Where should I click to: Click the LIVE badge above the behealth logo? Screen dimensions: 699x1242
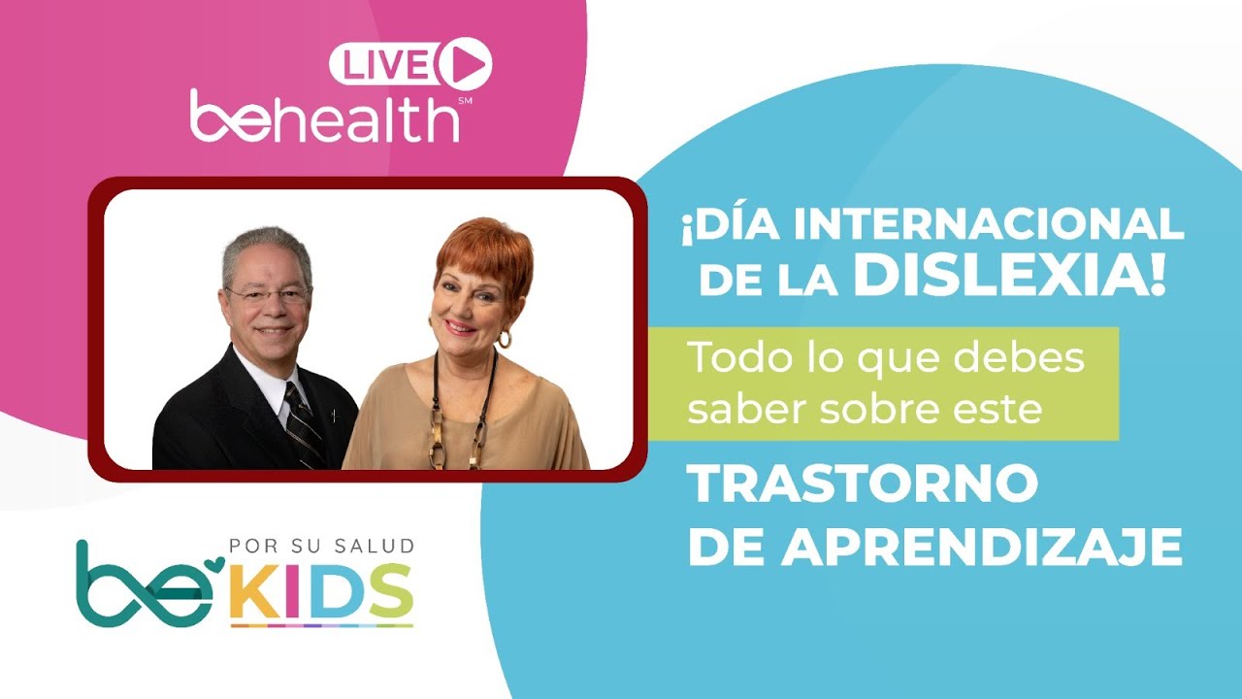pyautogui.click(x=386, y=65)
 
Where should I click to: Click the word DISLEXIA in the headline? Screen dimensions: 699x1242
pyautogui.click(x=1009, y=277)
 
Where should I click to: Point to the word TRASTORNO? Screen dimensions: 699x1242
pyautogui.click(x=863, y=484)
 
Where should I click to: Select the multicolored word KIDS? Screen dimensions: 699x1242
pyautogui.click(x=321, y=592)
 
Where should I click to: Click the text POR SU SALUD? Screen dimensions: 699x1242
pyautogui.click(x=321, y=546)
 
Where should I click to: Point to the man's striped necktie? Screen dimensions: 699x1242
pyautogui.click(x=304, y=424)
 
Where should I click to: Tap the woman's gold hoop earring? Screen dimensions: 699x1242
pyautogui.click(x=505, y=339)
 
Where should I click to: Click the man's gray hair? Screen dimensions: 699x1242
pyautogui.click(x=265, y=243)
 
